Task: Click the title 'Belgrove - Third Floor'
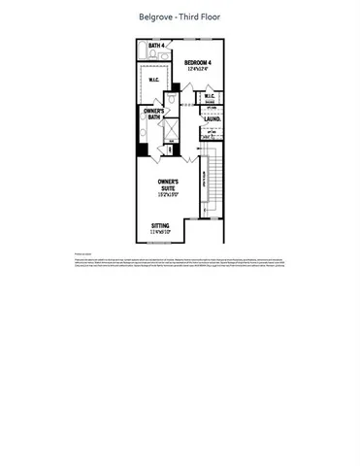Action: point(180,17)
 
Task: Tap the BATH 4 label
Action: point(155,45)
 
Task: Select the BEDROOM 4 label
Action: point(198,63)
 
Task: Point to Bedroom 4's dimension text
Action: point(198,70)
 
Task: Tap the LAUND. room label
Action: point(212,119)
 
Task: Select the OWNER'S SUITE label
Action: point(171,184)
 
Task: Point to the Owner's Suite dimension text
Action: point(171,195)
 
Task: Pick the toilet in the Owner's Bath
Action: point(171,100)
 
